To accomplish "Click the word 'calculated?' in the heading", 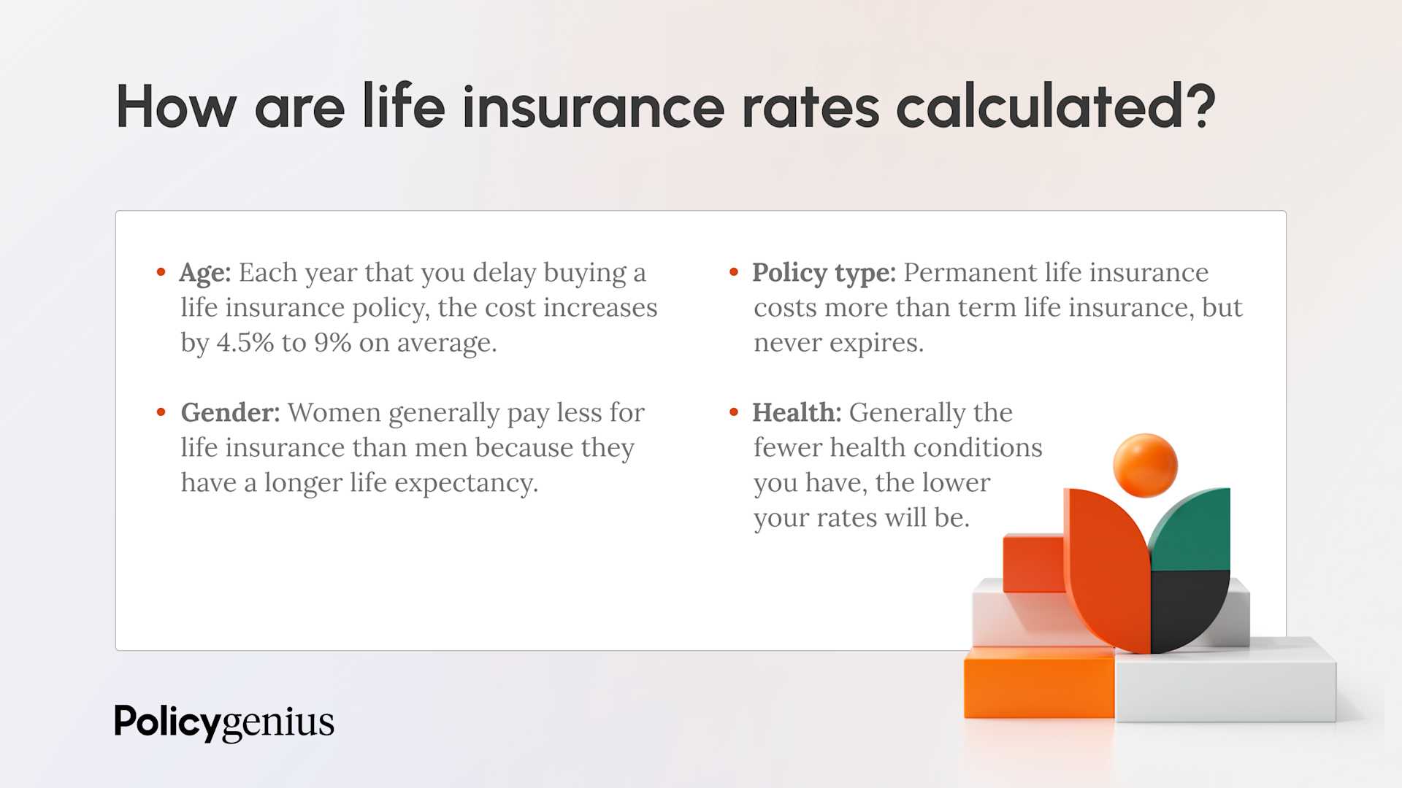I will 1055,107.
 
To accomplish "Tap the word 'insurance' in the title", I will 593,107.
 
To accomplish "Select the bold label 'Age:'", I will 204,273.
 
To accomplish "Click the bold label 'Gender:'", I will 230,413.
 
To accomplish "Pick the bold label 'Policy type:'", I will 824,273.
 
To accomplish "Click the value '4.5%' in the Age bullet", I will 245,342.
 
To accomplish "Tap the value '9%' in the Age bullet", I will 333,342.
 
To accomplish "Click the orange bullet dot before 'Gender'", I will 161,413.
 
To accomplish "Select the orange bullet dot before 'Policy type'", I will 734,273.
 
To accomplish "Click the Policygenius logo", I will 224,722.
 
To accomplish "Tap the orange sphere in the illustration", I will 1145,466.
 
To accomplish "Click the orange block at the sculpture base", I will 1038,684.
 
